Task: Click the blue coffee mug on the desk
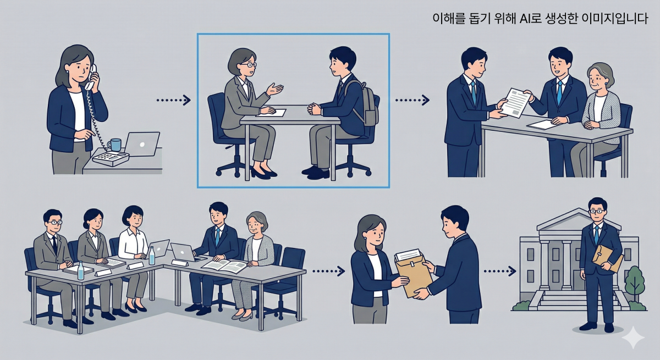click(x=114, y=145)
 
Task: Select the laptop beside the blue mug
click(x=141, y=144)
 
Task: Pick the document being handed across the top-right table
click(x=515, y=102)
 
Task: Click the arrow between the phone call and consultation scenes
click(x=173, y=100)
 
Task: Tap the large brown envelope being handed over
click(x=413, y=273)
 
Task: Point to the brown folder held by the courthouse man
click(x=606, y=257)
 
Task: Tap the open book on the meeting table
click(x=224, y=266)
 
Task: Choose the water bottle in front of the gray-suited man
click(x=81, y=270)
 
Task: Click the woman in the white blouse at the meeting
click(x=133, y=242)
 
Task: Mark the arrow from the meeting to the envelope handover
click(x=328, y=271)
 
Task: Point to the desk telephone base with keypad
click(x=110, y=158)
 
